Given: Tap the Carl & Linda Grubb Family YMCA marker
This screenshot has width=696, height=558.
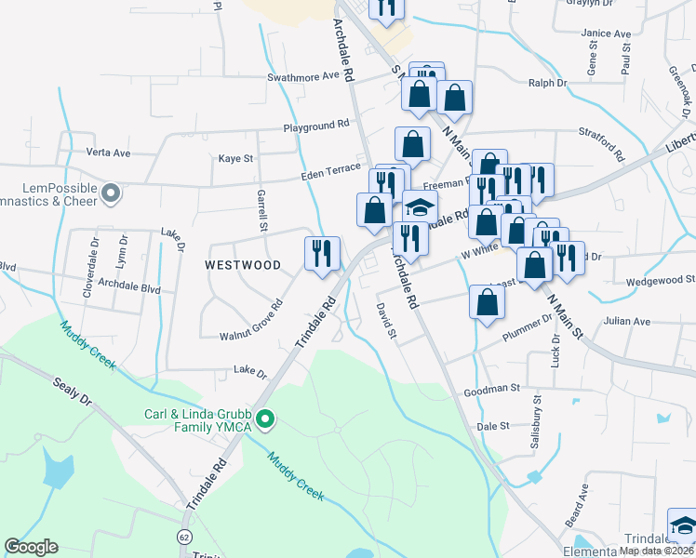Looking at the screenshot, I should pyautogui.click(x=265, y=420).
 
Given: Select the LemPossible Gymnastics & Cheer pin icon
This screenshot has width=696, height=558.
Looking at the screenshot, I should pyautogui.click(x=111, y=193).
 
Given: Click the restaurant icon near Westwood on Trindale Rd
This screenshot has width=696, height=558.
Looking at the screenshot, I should pyautogui.click(x=322, y=253).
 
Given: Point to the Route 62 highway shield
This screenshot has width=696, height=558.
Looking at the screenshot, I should pyautogui.click(x=184, y=538).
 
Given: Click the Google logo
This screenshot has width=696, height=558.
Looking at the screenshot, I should pyautogui.click(x=31, y=547).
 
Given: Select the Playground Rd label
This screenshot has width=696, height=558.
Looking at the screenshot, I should pyautogui.click(x=316, y=123).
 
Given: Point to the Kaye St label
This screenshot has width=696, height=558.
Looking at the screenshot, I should pyautogui.click(x=235, y=159).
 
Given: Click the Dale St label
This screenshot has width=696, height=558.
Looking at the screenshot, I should pyautogui.click(x=492, y=426).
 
